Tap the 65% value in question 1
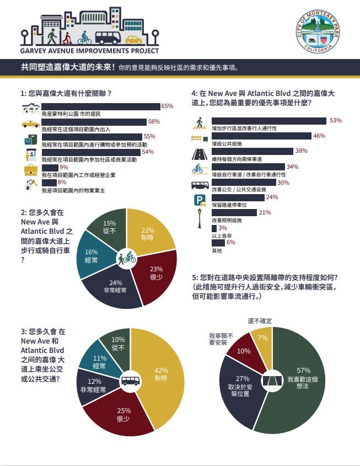click(x=167, y=106)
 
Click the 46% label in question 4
click(x=319, y=136)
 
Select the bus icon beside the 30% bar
click(x=199, y=185)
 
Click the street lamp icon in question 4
click(x=199, y=216)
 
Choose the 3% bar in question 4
click(x=214, y=228)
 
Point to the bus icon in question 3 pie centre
click(x=130, y=381)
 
